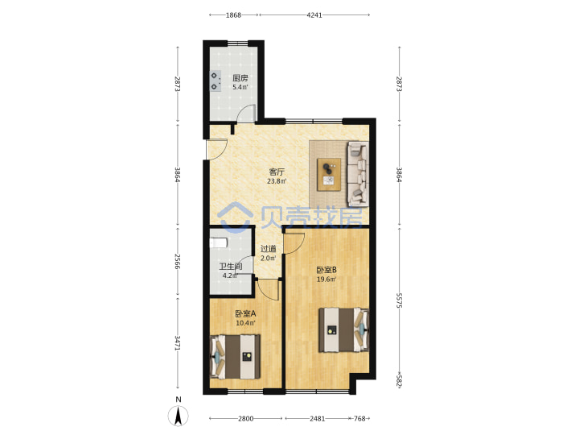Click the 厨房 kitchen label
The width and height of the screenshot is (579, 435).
(x=240, y=78)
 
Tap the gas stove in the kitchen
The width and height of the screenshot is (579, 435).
(x=216, y=81)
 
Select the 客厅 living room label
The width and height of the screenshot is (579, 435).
(x=277, y=172)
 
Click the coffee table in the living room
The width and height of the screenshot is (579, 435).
(x=330, y=175)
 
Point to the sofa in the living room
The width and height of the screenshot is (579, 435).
(x=358, y=173)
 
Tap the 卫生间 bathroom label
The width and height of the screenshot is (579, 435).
(x=231, y=267)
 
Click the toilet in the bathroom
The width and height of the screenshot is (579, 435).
(x=218, y=242)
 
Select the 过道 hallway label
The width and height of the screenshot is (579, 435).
(x=269, y=249)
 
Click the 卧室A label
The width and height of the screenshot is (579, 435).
(x=245, y=314)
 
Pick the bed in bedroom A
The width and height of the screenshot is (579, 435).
(x=235, y=357)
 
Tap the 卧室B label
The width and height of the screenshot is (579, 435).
(x=326, y=271)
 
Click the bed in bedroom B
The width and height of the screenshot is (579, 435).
(x=344, y=329)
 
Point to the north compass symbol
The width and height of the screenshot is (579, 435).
(x=179, y=415)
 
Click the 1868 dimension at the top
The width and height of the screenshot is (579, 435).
(x=233, y=15)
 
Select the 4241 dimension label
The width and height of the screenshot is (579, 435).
(x=314, y=15)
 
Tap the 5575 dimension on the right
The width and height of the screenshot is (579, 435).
(x=399, y=300)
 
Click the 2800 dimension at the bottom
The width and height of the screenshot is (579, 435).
(x=245, y=419)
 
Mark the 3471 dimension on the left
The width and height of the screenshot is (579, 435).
(x=178, y=343)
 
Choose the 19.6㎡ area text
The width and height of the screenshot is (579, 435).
(x=326, y=280)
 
